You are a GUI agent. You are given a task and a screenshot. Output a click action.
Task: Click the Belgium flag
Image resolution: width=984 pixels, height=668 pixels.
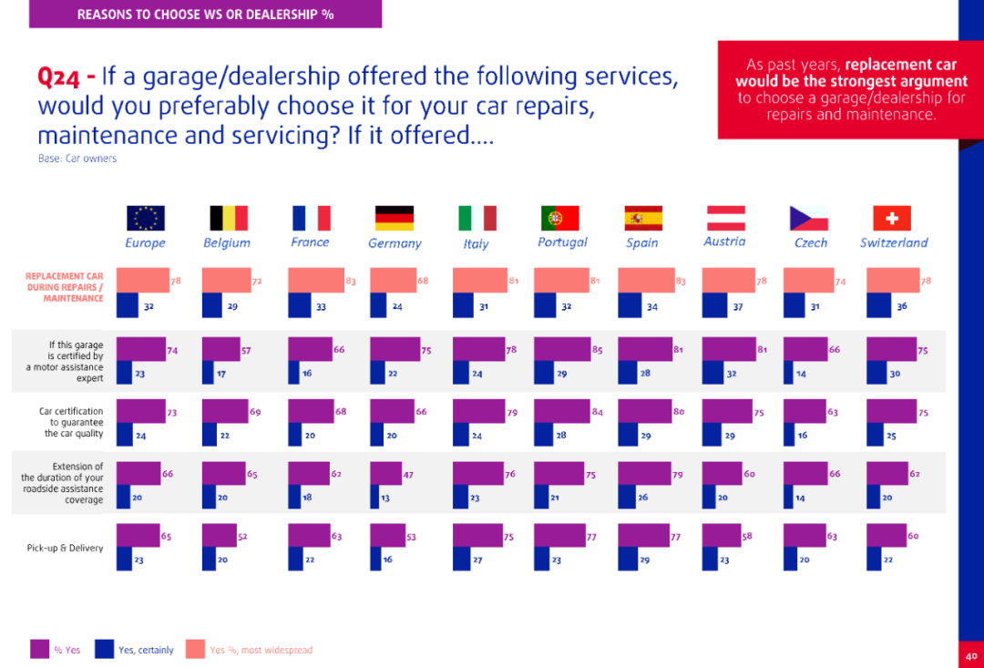(x=229, y=218)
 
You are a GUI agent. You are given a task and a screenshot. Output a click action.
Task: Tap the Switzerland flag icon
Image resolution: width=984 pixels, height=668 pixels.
(x=892, y=218)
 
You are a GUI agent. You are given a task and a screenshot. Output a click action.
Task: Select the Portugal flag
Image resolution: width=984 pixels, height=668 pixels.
(x=560, y=218)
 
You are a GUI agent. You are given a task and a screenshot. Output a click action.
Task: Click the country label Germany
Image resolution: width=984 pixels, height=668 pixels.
(x=395, y=243)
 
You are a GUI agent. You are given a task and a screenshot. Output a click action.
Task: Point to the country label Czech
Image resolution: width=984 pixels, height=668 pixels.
(x=811, y=242)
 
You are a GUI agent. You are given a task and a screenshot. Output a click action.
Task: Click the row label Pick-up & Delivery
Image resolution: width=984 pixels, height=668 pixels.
(x=65, y=548)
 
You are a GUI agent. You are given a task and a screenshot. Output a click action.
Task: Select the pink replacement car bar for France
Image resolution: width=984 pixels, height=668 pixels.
(x=316, y=280)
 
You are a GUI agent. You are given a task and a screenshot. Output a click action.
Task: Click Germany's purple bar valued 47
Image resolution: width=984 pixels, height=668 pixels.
(x=386, y=474)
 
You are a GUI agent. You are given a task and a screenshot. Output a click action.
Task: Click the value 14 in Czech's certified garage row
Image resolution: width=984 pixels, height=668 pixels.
(x=801, y=374)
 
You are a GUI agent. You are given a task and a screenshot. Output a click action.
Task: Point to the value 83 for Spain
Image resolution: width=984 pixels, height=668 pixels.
(x=681, y=282)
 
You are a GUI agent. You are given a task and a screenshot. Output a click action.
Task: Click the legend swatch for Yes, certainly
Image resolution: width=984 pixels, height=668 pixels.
(x=104, y=649)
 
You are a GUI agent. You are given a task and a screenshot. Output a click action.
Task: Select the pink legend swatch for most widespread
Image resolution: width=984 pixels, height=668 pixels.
(x=195, y=649)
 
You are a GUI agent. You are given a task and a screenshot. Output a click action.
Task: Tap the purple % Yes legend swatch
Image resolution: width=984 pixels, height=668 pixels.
(x=39, y=649)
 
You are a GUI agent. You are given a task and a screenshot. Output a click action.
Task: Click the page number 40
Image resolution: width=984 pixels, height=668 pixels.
(x=971, y=654)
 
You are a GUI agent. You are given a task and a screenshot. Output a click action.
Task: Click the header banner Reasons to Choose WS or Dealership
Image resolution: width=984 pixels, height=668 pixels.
(x=205, y=14)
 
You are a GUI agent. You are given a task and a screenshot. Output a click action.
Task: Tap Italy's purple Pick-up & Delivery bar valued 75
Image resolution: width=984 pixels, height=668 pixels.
(x=477, y=535)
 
